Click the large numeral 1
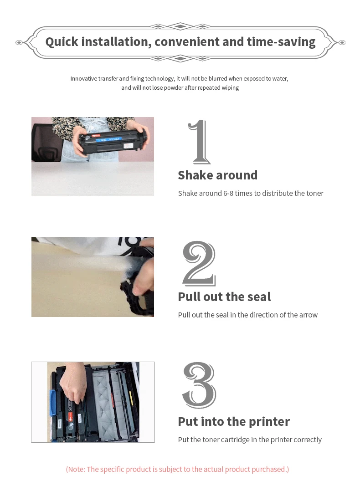click(199, 142)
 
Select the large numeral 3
click(199, 385)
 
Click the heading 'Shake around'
click(217, 175)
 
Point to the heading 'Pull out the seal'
click(224, 297)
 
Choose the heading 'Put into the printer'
click(234, 421)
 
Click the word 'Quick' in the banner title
click(62, 42)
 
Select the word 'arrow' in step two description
click(308, 315)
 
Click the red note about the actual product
click(177, 469)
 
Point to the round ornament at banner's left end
click(19, 42)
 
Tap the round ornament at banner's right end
click(341, 42)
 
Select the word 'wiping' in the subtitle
click(230, 87)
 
